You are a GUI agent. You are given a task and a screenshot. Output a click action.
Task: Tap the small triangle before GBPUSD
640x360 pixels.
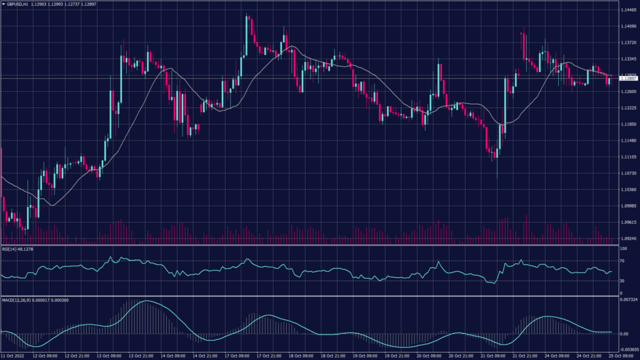tap(3, 4)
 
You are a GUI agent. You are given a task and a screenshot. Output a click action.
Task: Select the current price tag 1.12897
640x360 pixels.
tap(628, 79)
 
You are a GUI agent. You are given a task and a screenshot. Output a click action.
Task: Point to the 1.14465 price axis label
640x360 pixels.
tap(629, 10)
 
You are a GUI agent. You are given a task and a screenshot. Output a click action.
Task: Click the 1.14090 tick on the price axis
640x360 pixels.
tap(629, 26)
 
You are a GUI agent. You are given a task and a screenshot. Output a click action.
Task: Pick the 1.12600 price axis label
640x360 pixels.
tap(629, 91)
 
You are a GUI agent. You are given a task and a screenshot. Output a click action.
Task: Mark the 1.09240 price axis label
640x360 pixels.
tap(629, 238)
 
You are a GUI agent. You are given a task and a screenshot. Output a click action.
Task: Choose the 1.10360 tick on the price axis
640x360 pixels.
tap(629, 189)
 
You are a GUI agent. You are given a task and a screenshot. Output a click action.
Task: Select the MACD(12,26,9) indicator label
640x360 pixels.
tap(17, 300)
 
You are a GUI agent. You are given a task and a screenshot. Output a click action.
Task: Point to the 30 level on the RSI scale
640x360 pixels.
tap(622, 281)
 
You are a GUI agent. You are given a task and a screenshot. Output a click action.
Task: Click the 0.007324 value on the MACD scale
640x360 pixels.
tap(629, 300)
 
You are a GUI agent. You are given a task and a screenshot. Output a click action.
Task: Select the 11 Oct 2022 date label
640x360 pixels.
tap(13, 356)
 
